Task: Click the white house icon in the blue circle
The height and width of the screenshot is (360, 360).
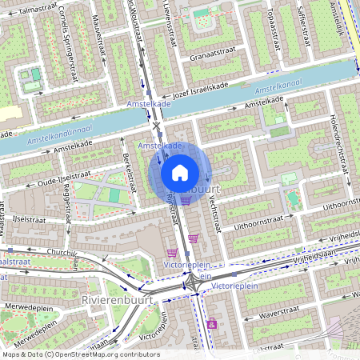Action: [180, 172]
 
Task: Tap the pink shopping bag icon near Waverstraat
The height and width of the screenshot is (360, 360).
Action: [211, 324]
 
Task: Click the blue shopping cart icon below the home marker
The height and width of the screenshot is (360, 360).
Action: [186, 201]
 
